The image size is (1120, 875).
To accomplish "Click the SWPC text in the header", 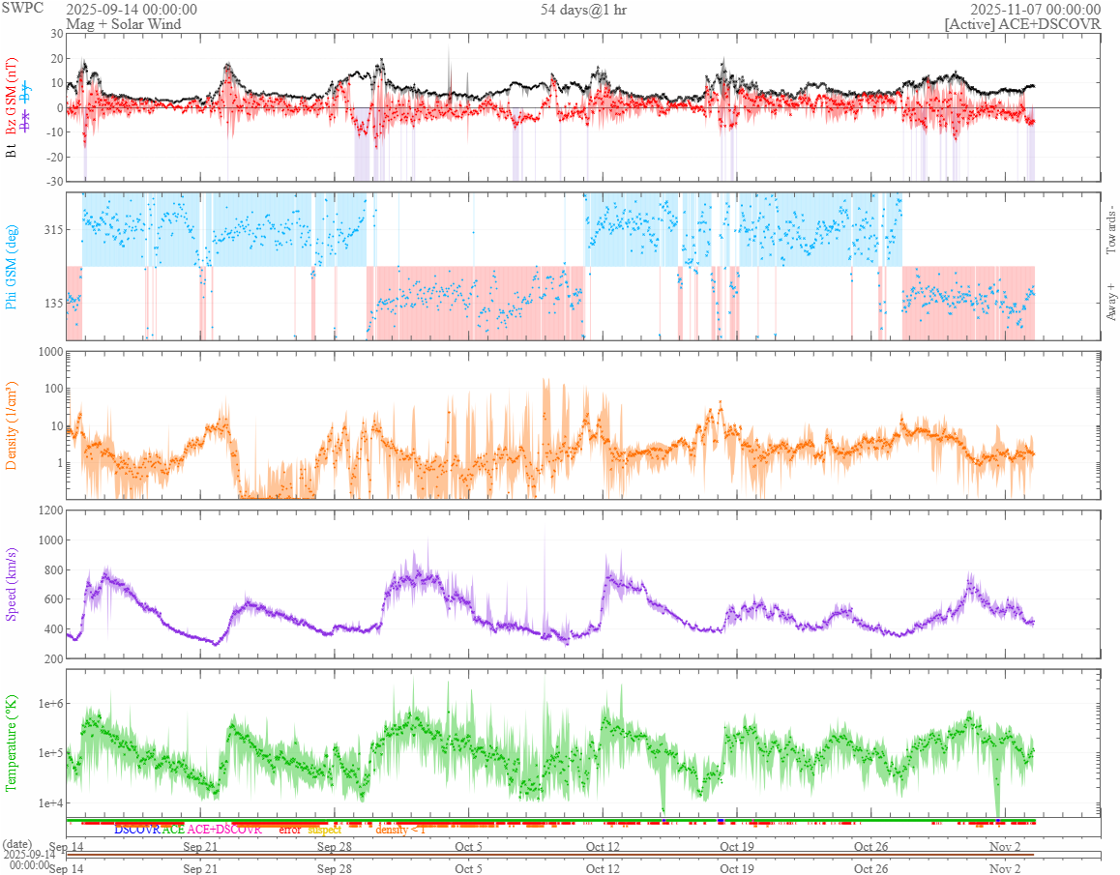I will click(x=23, y=9).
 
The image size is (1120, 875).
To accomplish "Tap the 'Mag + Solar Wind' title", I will click(x=123, y=23).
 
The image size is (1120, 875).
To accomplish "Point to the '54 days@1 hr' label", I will click(x=583, y=10).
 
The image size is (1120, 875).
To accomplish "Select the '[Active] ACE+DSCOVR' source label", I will click(x=1022, y=23).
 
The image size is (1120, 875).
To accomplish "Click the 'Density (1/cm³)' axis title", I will click(x=13, y=425).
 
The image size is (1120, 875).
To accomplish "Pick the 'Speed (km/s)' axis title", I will click(x=13, y=583).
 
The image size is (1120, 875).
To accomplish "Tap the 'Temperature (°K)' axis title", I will click(x=13, y=743).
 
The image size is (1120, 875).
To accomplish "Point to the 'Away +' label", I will click(x=1110, y=302).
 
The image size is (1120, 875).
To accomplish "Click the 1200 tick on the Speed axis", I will click(x=48, y=510).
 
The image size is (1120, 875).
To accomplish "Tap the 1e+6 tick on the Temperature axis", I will click(x=46, y=703).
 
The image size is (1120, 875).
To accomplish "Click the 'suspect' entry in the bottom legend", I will click(x=325, y=830).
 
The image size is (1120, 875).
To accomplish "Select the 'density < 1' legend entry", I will click(x=399, y=830).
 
